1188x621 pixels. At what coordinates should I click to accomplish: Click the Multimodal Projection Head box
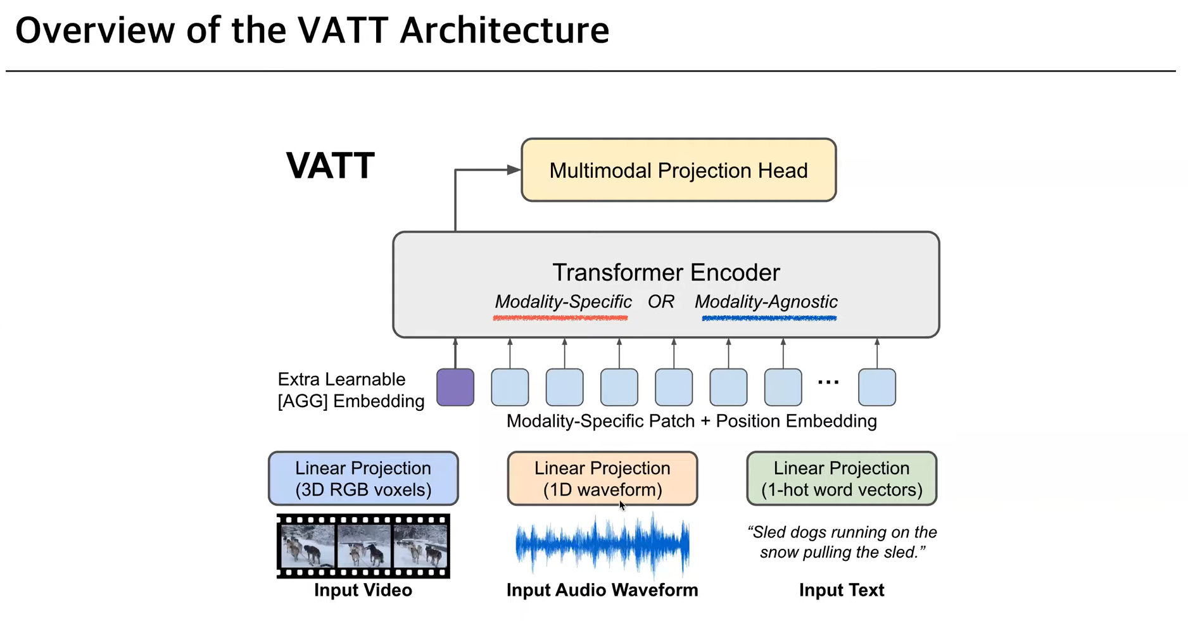click(x=678, y=170)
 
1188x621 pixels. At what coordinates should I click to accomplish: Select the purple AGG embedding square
click(x=455, y=387)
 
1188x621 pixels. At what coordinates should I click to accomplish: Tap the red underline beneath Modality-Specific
click(x=560, y=318)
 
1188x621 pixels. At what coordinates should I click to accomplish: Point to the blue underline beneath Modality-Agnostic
click(x=769, y=318)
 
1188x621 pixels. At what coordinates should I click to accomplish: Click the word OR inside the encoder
click(x=660, y=302)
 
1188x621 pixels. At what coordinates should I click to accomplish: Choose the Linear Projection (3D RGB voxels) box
click(x=363, y=479)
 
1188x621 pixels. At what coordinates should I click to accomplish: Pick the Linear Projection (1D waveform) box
click(x=602, y=479)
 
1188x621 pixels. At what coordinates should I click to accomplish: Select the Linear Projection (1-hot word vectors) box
click(x=841, y=479)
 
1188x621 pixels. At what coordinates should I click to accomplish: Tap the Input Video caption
click(x=363, y=590)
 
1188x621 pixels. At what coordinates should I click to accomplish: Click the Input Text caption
click(x=841, y=590)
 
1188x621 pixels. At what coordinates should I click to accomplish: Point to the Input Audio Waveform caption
click(x=602, y=590)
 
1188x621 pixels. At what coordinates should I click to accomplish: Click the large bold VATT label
click(x=330, y=166)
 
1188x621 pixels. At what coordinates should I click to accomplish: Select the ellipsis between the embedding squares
click(x=828, y=382)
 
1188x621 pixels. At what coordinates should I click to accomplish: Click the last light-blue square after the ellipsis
click(x=876, y=387)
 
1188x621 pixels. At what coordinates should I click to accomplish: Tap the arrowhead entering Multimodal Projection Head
click(x=514, y=170)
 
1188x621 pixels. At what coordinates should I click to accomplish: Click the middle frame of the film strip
click(x=363, y=546)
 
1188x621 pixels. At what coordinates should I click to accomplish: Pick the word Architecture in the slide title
click(x=504, y=30)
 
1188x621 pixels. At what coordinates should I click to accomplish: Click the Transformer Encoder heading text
click(x=666, y=272)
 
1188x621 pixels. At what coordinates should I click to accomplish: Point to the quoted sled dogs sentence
click(x=842, y=542)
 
